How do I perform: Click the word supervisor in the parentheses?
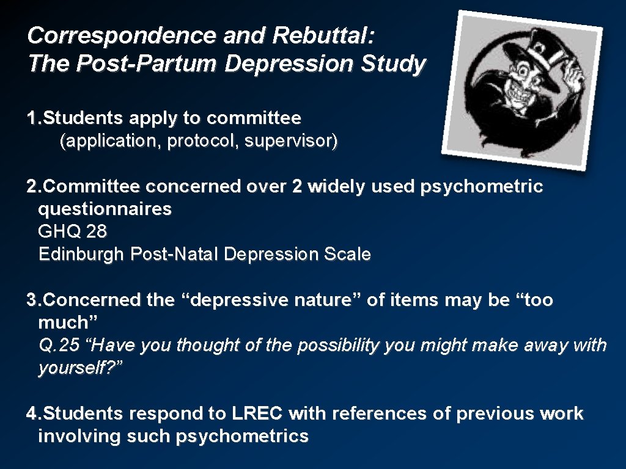tap(291, 142)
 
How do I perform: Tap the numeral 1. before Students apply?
tap(34, 117)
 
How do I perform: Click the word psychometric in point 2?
tap(482, 187)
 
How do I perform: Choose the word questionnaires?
tap(105, 209)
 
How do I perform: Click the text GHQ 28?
tap(72, 232)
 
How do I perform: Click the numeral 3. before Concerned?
tap(34, 300)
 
